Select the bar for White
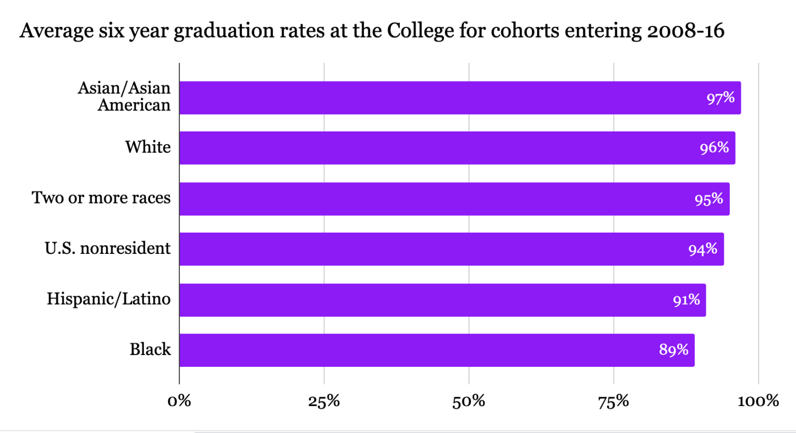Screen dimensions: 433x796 (457, 148)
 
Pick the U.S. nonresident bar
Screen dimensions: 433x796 (451, 249)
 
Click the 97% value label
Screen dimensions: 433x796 (720, 98)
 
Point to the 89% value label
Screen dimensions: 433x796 (673, 350)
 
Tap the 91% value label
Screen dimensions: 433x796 (686, 300)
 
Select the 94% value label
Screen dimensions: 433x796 (703, 249)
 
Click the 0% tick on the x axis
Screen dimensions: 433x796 (179, 401)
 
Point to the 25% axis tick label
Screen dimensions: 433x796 (324, 401)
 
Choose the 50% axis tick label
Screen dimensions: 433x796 (469, 401)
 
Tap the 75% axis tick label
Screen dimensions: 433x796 (614, 401)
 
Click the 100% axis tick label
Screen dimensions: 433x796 (758, 401)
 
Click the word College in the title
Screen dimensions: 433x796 (421, 31)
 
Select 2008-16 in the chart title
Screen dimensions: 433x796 (685, 31)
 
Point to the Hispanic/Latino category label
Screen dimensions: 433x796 (109, 299)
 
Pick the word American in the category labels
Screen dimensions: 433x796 (134, 105)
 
